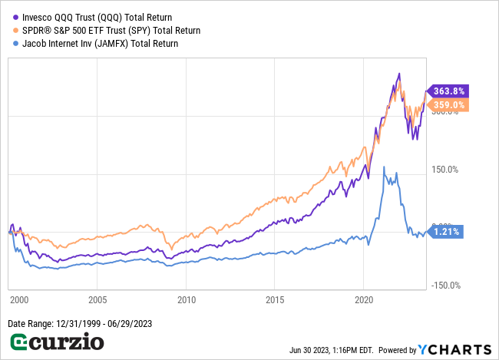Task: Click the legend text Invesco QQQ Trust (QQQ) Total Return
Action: click(x=97, y=17)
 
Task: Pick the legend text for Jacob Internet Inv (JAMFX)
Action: click(x=101, y=44)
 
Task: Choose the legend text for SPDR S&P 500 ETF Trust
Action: click(x=111, y=31)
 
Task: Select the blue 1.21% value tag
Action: click(x=443, y=231)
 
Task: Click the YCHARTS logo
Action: click(x=458, y=348)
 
